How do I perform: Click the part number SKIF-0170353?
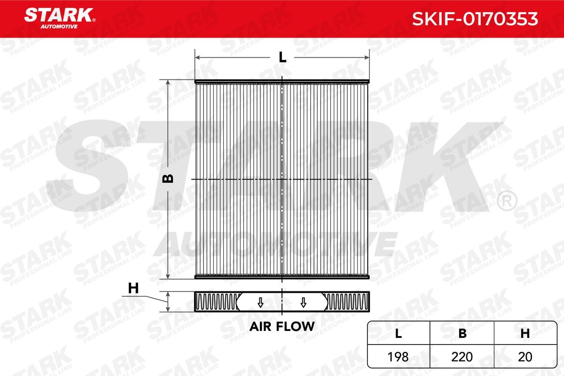[475, 18]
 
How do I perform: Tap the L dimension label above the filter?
[282, 57]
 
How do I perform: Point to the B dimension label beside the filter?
[168, 179]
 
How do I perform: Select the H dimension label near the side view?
[134, 289]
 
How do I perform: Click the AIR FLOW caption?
[282, 326]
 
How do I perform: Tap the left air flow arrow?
[260, 302]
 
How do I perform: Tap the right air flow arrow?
[303, 302]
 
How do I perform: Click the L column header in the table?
[399, 333]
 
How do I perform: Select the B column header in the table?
[462, 333]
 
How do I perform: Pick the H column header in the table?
[525, 333]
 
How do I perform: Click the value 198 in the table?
[399, 357]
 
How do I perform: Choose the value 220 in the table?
[462, 357]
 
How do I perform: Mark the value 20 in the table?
[525, 357]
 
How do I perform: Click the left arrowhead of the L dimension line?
[197, 57]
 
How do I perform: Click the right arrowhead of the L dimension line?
[368, 57]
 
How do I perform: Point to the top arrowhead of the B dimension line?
[168, 82]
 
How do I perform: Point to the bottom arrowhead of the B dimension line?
[168, 276]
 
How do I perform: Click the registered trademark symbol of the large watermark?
[506, 201]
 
